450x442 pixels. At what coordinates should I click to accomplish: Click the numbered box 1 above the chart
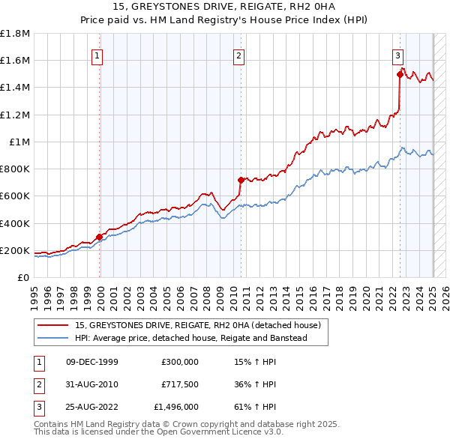[99, 55]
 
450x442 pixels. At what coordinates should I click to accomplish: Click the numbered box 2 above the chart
[238, 55]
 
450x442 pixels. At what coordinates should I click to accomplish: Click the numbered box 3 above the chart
[397, 55]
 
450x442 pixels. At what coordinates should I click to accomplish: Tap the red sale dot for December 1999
[100, 237]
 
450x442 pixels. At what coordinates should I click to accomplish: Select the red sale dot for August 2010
[241, 180]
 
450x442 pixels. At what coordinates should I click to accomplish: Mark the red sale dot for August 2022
[400, 74]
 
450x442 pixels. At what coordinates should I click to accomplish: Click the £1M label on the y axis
[19, 142]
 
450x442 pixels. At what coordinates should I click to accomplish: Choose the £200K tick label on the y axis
[15, 250]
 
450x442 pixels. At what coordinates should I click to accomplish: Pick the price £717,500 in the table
[180, 384]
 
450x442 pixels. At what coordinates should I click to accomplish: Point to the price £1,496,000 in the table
[176, 407]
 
